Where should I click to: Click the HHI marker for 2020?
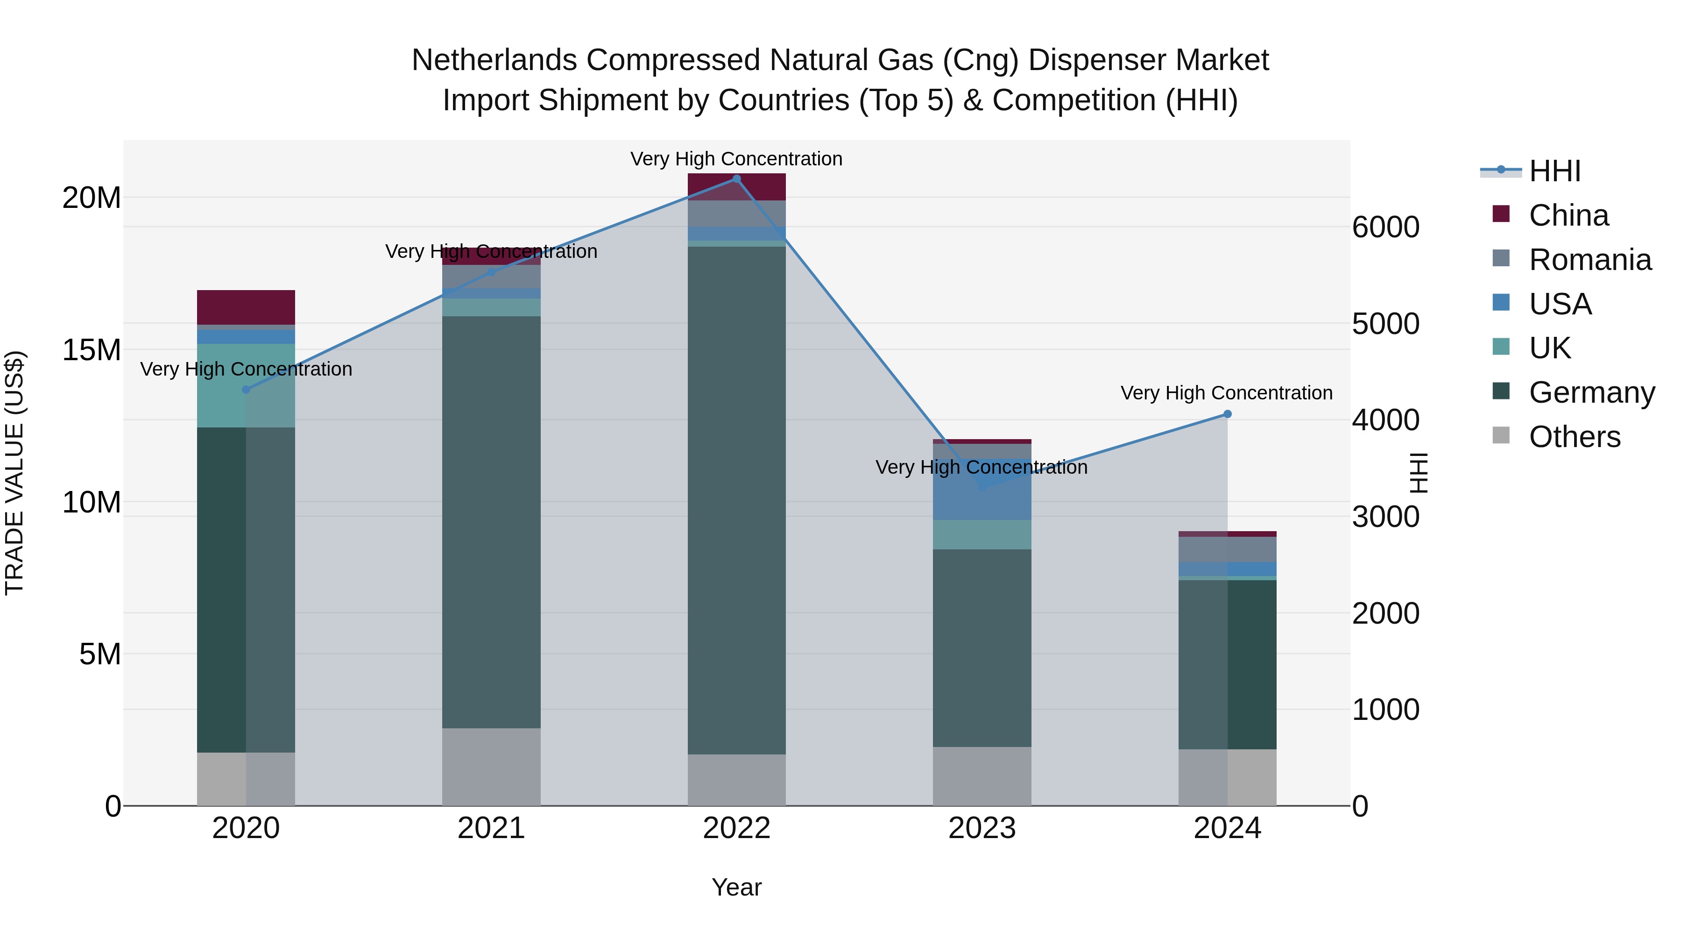[x=246, y=390]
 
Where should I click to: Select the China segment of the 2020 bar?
[x=246, y=307]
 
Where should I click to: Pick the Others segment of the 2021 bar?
[x=491, y=767]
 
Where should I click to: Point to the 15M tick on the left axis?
[x=92, y=350]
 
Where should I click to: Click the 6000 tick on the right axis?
[x=1385, y=227]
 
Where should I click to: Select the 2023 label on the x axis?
[x=982, y=828]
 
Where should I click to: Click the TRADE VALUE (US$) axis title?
[x=14, y=473]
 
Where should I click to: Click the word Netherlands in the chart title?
[x=494, y=60]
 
